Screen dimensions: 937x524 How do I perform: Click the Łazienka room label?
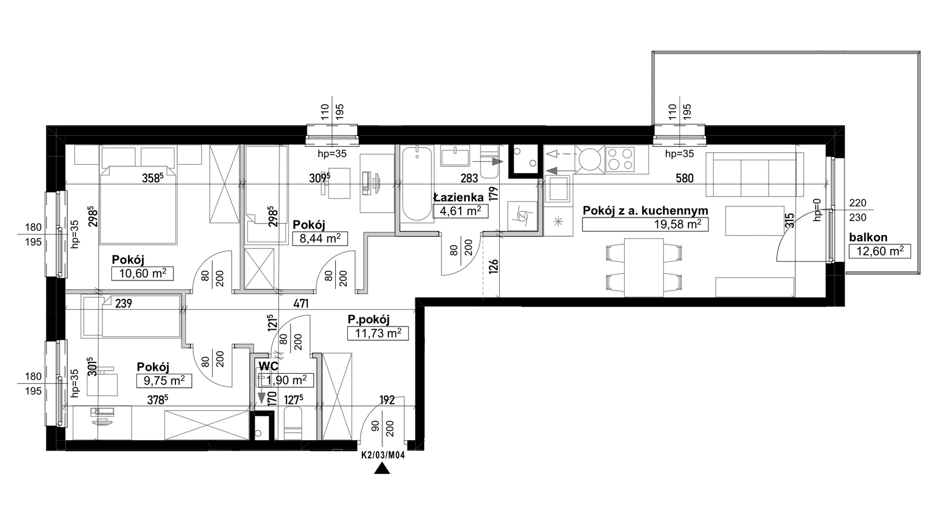point(458,197)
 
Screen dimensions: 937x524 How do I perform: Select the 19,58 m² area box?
point(645,224)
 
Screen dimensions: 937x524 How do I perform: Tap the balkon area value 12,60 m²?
point(880,252)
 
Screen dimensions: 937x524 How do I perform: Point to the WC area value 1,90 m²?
point(286,380)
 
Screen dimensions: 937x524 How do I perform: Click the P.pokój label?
point(369,320)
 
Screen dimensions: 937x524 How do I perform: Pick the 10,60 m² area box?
point(142,273)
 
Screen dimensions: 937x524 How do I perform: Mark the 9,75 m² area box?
point(164,381)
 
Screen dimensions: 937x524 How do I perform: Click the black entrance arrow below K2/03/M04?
point(383,469)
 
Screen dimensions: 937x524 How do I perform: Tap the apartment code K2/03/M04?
point(383,455)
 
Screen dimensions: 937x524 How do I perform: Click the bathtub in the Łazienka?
point(416,185)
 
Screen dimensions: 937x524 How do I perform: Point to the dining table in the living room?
point(644,267)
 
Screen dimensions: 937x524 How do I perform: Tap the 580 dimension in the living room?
point(685,178)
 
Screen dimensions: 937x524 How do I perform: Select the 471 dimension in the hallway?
point(301,304)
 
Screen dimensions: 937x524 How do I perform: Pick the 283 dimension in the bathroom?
point(469,178)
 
